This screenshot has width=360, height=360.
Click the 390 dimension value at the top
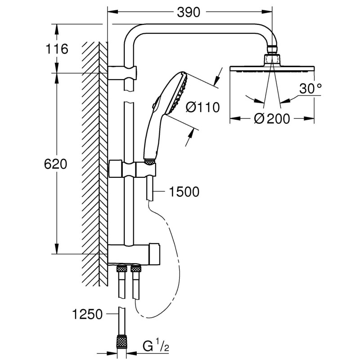tap(188, 13)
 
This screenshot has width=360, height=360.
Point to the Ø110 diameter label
tap(202, 107)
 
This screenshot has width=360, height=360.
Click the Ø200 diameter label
tap(271, 119)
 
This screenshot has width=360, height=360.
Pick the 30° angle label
tap(310, 89)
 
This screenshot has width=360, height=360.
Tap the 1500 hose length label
tap(184, 192)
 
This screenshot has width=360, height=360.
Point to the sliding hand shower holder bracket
tap(133, 170)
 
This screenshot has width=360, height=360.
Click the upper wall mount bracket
tap(123, 72)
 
